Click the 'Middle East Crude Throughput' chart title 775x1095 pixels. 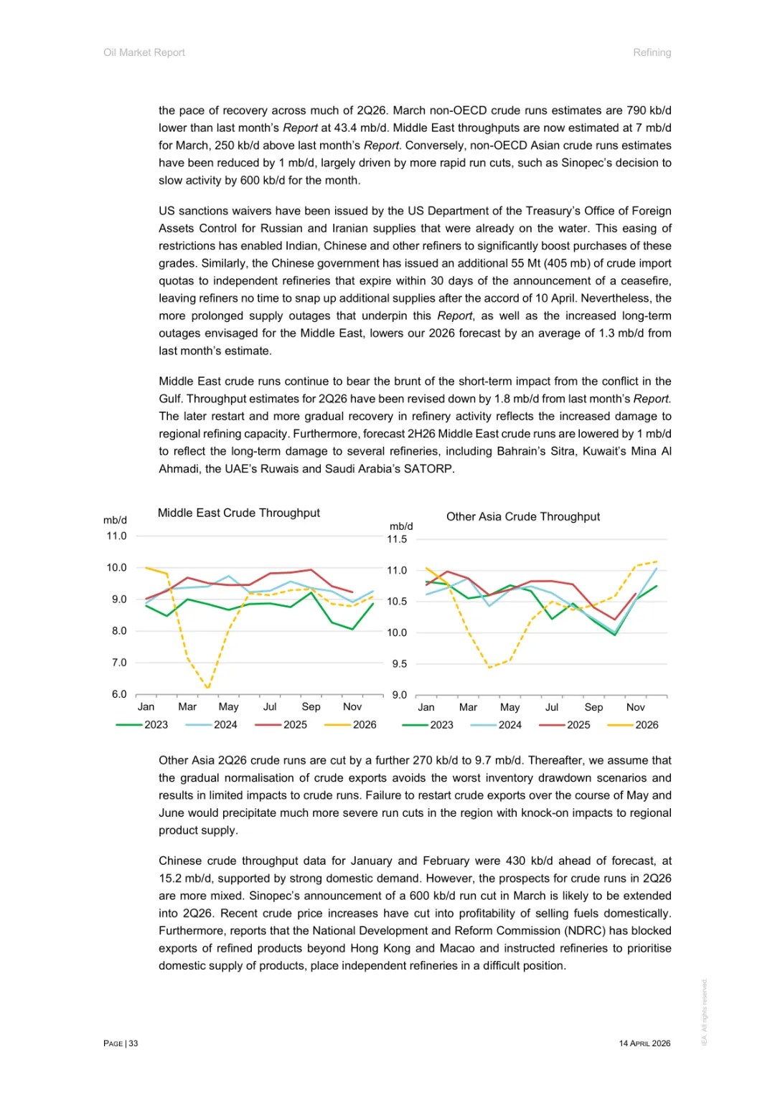[238, 513]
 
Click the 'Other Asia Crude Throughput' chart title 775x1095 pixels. [522, 516]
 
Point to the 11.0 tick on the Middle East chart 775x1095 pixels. [116, 536]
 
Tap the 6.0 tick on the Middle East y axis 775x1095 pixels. [118, 694]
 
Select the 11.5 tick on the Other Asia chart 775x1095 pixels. [397, 539]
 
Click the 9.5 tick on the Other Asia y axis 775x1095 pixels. [399, 664]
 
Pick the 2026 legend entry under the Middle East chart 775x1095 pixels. [364, 724]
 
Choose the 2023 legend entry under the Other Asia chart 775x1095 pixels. [441, 725]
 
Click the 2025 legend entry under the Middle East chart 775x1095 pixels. [294, 724]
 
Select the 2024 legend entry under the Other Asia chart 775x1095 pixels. [509, 725]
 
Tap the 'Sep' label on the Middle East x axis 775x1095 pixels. [311, 707]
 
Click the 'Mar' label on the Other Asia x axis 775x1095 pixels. [468, 707]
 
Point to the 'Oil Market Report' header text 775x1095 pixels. [144, 52]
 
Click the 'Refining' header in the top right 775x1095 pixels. [652, 52]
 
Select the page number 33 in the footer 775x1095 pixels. [133, 1043]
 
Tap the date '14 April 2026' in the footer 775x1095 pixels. [644, 1043]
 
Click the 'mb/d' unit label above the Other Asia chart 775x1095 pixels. [401, 526]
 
